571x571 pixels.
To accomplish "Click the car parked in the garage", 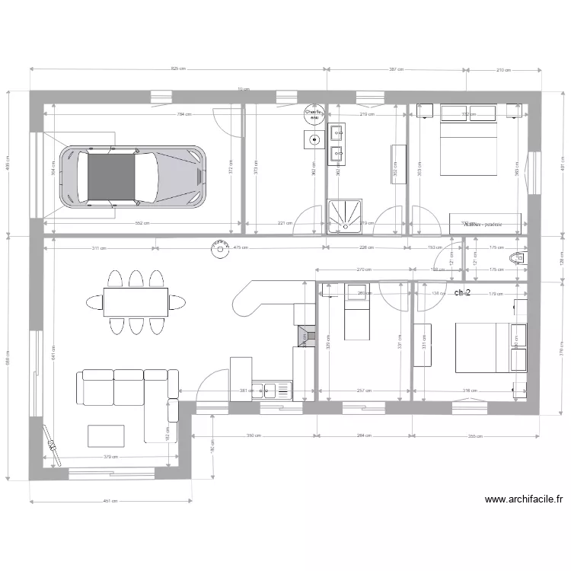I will pos(134,177).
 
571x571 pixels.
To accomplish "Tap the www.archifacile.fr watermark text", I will pos(523,500).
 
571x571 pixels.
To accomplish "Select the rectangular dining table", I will pos(136,301).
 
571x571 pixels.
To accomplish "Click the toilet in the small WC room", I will pos(518,257).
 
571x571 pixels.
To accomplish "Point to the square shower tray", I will pos(346,215).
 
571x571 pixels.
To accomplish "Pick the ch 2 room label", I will pos(461,292).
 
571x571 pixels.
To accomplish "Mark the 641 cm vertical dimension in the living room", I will pos(53,347).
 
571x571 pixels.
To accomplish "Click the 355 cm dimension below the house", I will pos(475,436).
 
